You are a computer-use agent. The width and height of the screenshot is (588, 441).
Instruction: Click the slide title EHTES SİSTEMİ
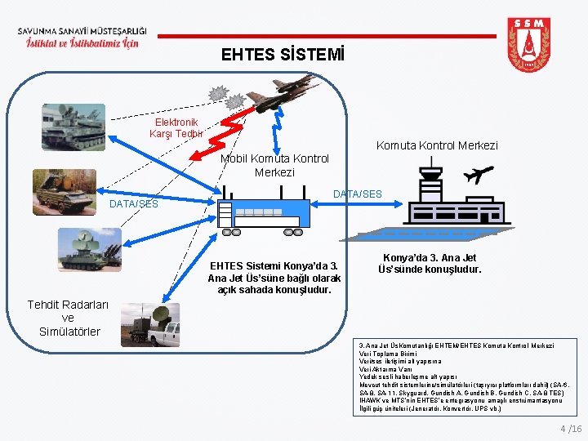(283, 56)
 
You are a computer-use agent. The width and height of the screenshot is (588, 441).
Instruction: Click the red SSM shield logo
(528, 47)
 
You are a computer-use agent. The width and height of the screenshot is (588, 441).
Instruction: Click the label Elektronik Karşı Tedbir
(176, 127)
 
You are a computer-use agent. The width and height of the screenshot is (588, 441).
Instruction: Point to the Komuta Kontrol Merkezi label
(436, 145)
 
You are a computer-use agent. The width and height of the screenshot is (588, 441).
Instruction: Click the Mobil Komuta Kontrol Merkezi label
(274, 165)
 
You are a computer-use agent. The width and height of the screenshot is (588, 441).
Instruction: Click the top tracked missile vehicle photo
(74, 127)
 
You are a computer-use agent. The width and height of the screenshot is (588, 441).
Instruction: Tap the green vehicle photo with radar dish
(90, 250)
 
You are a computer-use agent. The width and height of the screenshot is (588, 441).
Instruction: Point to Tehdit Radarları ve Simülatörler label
(68, 318)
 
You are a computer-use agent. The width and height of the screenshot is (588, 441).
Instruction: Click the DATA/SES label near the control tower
(357, 194)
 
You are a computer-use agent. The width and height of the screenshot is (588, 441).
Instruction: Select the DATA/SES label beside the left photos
(134, 203)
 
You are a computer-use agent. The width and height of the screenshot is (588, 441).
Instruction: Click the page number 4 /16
(571, 429)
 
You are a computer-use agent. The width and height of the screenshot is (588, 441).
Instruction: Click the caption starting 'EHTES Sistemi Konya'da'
(274, 278)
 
